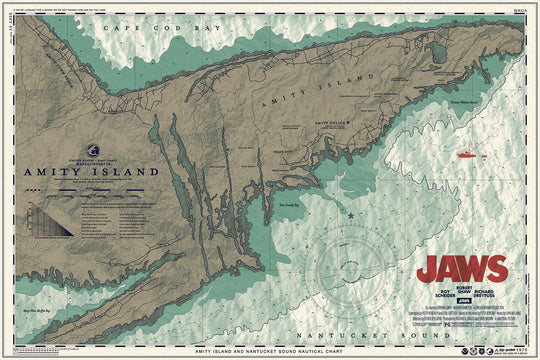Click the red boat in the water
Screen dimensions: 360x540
(466, 155)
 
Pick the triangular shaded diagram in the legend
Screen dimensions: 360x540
(47, 219)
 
